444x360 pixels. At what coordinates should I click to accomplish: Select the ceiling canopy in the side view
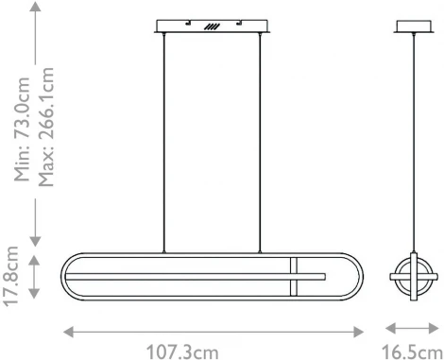[412, 26]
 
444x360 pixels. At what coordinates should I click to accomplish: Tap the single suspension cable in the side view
[412, 142]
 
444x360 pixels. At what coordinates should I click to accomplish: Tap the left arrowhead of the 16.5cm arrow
[388, 331]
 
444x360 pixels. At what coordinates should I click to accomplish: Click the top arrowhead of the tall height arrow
[35, 9]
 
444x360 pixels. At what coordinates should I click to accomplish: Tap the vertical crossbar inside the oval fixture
[295, 276]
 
